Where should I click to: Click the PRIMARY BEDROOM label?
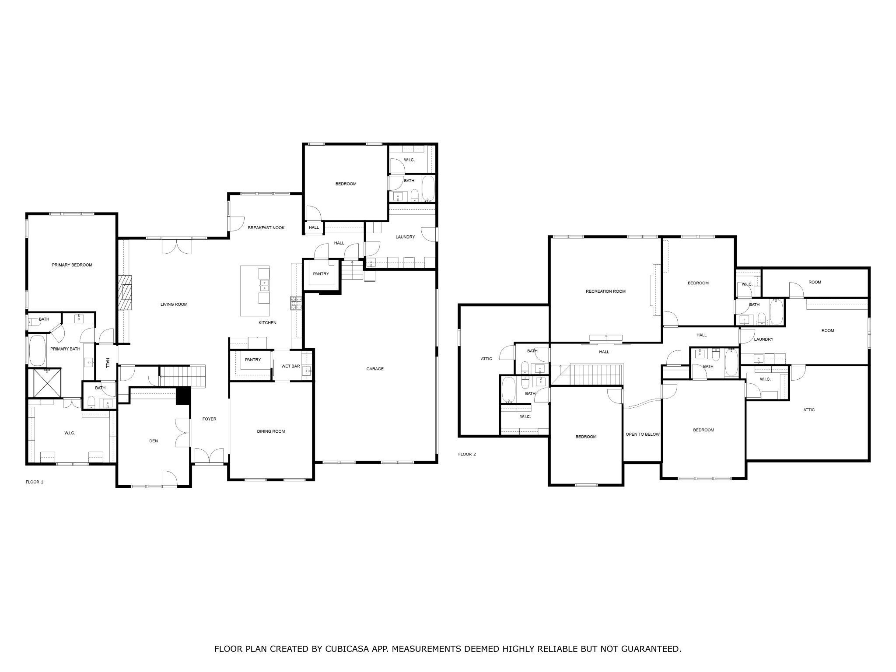pos(72,265)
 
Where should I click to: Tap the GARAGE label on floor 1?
pos(374,369)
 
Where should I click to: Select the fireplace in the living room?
pos(125,292)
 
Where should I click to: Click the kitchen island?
pos(255,291)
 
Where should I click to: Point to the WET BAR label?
pos(290,366)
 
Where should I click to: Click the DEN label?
pos(153,441)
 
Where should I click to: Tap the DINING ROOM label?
pos(271,431)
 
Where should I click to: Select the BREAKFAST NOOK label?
pos(266,227)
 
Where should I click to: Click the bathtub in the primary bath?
pos(37,350)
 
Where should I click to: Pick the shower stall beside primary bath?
pos(44,383)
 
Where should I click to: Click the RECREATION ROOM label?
pos(605,291)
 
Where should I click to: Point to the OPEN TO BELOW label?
pos(642,434)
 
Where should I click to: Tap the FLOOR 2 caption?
pos(467,454)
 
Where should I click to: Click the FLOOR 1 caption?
pos(35,482)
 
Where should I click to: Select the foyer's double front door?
pos(210,456)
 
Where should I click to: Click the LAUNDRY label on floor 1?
pos(405,237)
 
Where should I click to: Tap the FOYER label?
pos(209,419)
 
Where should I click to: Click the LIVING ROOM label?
pos(174,304)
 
